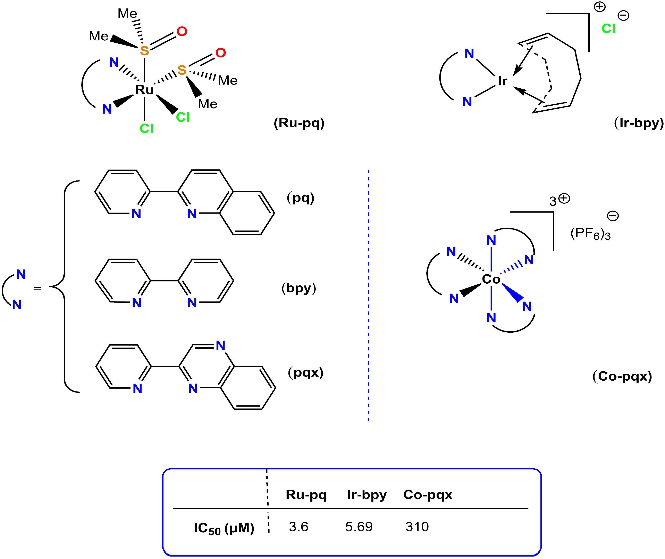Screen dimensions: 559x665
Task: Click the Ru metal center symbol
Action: (144, 90)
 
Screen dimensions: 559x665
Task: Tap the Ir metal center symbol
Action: (503, 81)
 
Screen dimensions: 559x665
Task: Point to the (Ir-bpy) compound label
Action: (638, 123)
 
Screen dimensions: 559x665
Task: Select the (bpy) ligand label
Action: (299, 288)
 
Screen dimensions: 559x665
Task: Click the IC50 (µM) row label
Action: (224, 528)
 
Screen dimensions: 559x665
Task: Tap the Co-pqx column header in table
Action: (428, 495)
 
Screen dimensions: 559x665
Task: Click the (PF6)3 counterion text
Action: (590, 234)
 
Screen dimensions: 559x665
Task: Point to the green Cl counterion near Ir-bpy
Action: (608, 29)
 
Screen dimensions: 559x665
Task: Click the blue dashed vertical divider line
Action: (369, 295)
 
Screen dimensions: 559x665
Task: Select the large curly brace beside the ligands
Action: (64, 287)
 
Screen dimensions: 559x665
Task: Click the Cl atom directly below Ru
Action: (146, 129)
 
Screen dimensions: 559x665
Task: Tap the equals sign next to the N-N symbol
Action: (37, 288)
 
